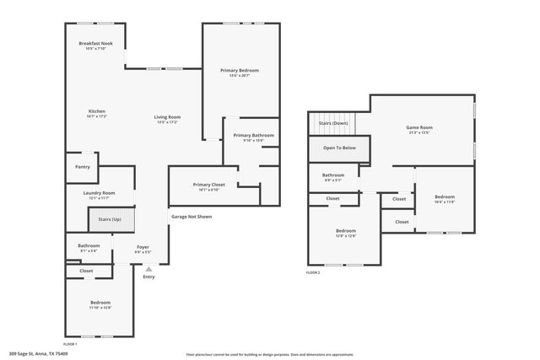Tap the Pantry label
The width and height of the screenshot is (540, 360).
(x=82, y=167)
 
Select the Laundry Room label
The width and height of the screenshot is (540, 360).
(x=99, y=195)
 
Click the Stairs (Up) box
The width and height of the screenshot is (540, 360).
(x=111, y=218)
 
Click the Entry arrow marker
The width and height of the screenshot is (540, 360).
(x=148, y=269)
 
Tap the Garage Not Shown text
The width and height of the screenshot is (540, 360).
(x=192, y=217)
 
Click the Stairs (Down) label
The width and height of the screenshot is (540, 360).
(x=333, y=123)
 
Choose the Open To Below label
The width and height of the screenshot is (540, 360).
(x=339, y=148)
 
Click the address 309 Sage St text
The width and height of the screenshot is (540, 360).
(x=39, y=353)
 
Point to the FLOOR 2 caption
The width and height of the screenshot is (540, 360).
(x=313, y=272)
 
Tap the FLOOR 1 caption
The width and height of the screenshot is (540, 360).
(x=70, y=344)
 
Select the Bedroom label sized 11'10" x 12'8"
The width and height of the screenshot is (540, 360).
(x=100, y=304)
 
